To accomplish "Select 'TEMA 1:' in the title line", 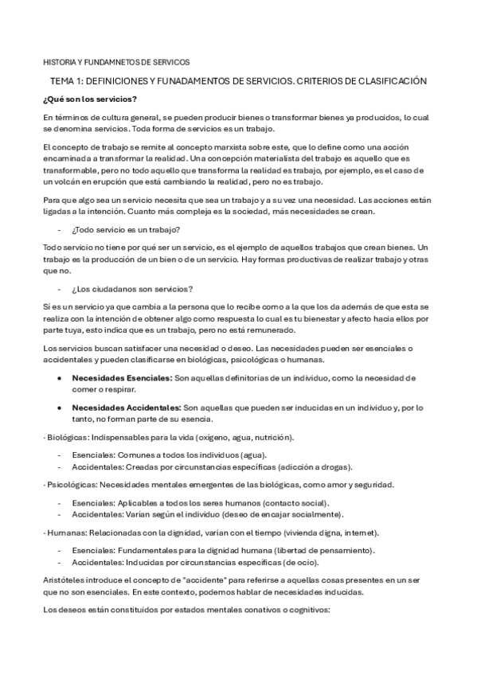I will [x=68, y=81].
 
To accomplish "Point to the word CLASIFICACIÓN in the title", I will [x=389, y=81].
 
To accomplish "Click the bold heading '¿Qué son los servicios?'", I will [x=90, y=99].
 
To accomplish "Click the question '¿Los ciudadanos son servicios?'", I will [x=131, y=288].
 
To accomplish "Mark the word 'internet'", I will [x=354, y=531].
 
